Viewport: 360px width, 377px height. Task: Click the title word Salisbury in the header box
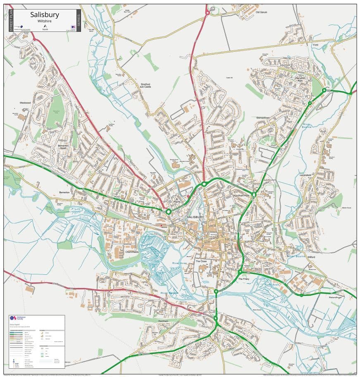tap(45, 15)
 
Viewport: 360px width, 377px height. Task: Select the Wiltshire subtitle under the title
tap(44, 21)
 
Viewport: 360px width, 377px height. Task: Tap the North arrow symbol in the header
tap(44, 27)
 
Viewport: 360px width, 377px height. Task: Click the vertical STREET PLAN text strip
tap(11, 21)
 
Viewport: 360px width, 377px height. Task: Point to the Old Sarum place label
tap(261, 12)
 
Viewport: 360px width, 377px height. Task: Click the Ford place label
tap(315, 45)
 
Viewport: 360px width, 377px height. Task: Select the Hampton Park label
tap(300, 79)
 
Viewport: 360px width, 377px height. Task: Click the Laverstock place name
tap(307, 175)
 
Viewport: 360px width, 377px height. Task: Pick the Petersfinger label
tap(336, 297)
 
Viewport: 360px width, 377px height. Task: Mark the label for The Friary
tap(243, 279)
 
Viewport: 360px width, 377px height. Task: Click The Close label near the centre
tap(201, 262)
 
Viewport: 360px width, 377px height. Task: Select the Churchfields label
tap(133, 251)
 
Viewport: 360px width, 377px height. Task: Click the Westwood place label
tap(25, 103)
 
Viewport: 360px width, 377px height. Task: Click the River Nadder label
tap(169, 293)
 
